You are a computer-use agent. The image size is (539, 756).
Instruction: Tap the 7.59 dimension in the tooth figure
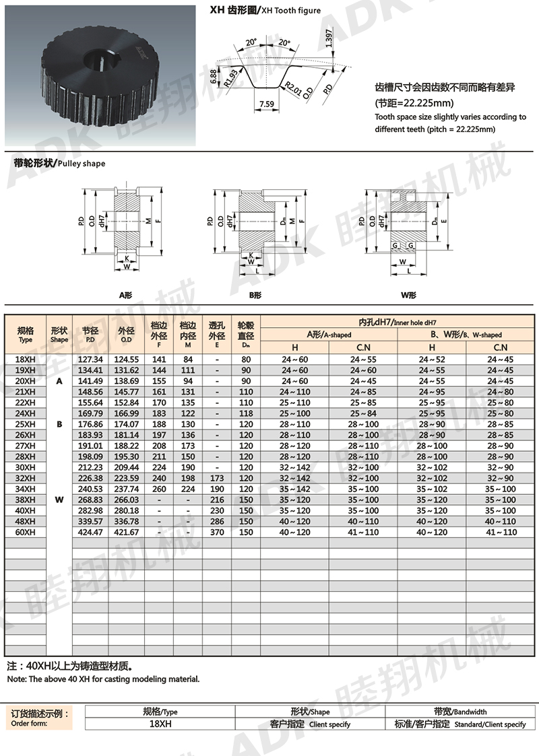pyautogui.click(x=265, y=104)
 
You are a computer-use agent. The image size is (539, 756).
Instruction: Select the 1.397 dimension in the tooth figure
pyautogui.click(x=328, y=40)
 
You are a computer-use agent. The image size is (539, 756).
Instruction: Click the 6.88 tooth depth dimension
pyautogui.click(x=213, y=75)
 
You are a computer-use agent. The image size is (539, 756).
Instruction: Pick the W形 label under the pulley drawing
pyautogui.click(x=408, y=295)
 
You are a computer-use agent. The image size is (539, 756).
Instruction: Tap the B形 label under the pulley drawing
pyautogui.click(x=255, y=295)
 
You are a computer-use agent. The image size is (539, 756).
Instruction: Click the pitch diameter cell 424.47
pyautogui.click(x=90, y=532)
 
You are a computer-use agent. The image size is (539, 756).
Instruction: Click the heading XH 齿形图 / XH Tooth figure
pyautogui.click(x=265, y=11)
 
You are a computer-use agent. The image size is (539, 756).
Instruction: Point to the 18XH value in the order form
pyautogui.click(x=160, y=724)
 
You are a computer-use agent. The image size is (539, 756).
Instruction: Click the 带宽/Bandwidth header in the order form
pyautogui.click(x=460, y=712)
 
